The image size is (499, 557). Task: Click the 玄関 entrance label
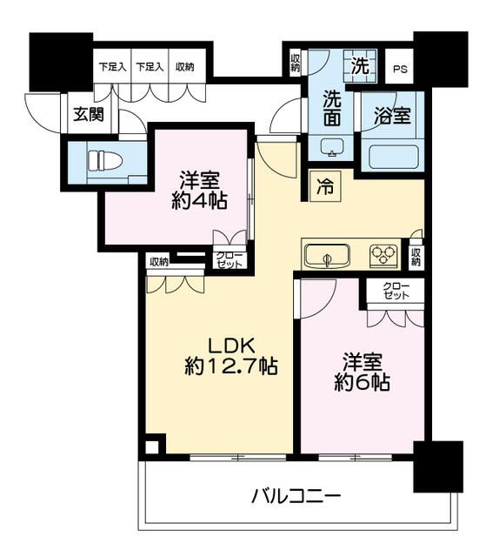[87, 113]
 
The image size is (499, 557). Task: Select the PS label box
[399, 70]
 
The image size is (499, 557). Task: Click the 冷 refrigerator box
[323, 185]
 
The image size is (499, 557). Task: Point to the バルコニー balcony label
[296, 496]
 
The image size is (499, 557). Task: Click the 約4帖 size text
[199, 202]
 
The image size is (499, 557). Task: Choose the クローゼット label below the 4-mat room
[230, 258]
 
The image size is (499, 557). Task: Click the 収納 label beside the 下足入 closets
[184, 66]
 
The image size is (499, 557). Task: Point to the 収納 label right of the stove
[416, 257]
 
